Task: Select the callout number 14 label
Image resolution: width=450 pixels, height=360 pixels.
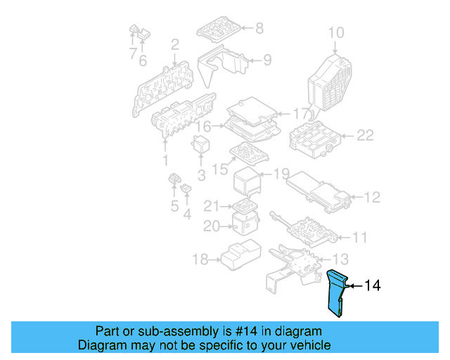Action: click(x=373, y=286)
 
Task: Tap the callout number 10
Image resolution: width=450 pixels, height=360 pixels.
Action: click(x=336, y=32)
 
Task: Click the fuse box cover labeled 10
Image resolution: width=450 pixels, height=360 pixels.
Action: click(x=331, y=81)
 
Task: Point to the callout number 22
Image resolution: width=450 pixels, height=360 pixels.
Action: click(x=365, y=135)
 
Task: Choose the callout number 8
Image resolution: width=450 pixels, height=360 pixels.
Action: click(x=259, y=28)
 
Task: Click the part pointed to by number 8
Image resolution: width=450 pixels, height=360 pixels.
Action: click(x=219, y=30)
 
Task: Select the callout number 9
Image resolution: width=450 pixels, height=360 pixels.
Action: click(x=266, y=60)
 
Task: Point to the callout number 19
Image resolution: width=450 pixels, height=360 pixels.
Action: click(x=281, y=174)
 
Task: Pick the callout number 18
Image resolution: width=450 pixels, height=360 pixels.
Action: click(x=200, y=260)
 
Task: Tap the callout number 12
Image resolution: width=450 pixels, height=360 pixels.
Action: click(x=372, y=198)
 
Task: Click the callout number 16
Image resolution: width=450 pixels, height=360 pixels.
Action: click(x=203, y=127)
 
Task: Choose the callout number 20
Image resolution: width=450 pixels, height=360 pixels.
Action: click(x=212, y=226)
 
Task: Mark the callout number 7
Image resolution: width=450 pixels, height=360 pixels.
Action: click(x=132, y=54)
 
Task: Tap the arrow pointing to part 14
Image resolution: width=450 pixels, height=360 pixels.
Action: click(x=354, y=286)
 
